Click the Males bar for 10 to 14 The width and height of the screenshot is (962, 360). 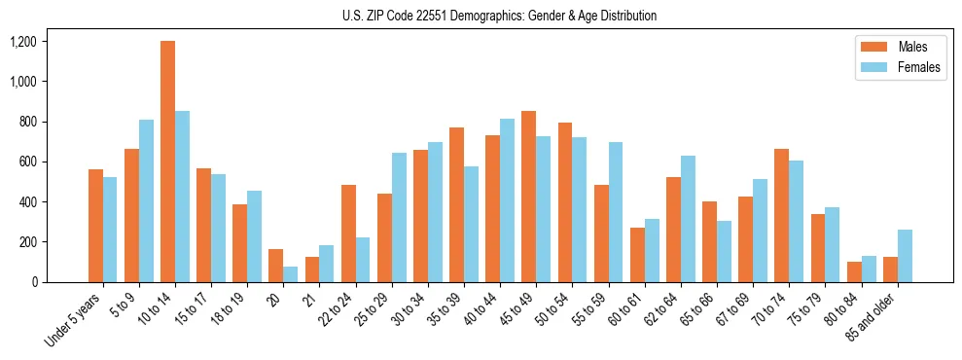pos(167,162)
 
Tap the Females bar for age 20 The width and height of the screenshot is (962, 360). pos(290,274)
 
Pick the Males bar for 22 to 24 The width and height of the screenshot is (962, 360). pos(348,234)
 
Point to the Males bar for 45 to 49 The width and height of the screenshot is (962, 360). pos(528,197)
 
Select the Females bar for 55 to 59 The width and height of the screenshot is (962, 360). pos(616,212)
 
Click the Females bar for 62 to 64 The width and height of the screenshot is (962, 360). pos(688,219)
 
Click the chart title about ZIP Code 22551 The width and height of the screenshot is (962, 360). pos(499,16)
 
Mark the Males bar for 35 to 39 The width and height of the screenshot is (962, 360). pos(456,204)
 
